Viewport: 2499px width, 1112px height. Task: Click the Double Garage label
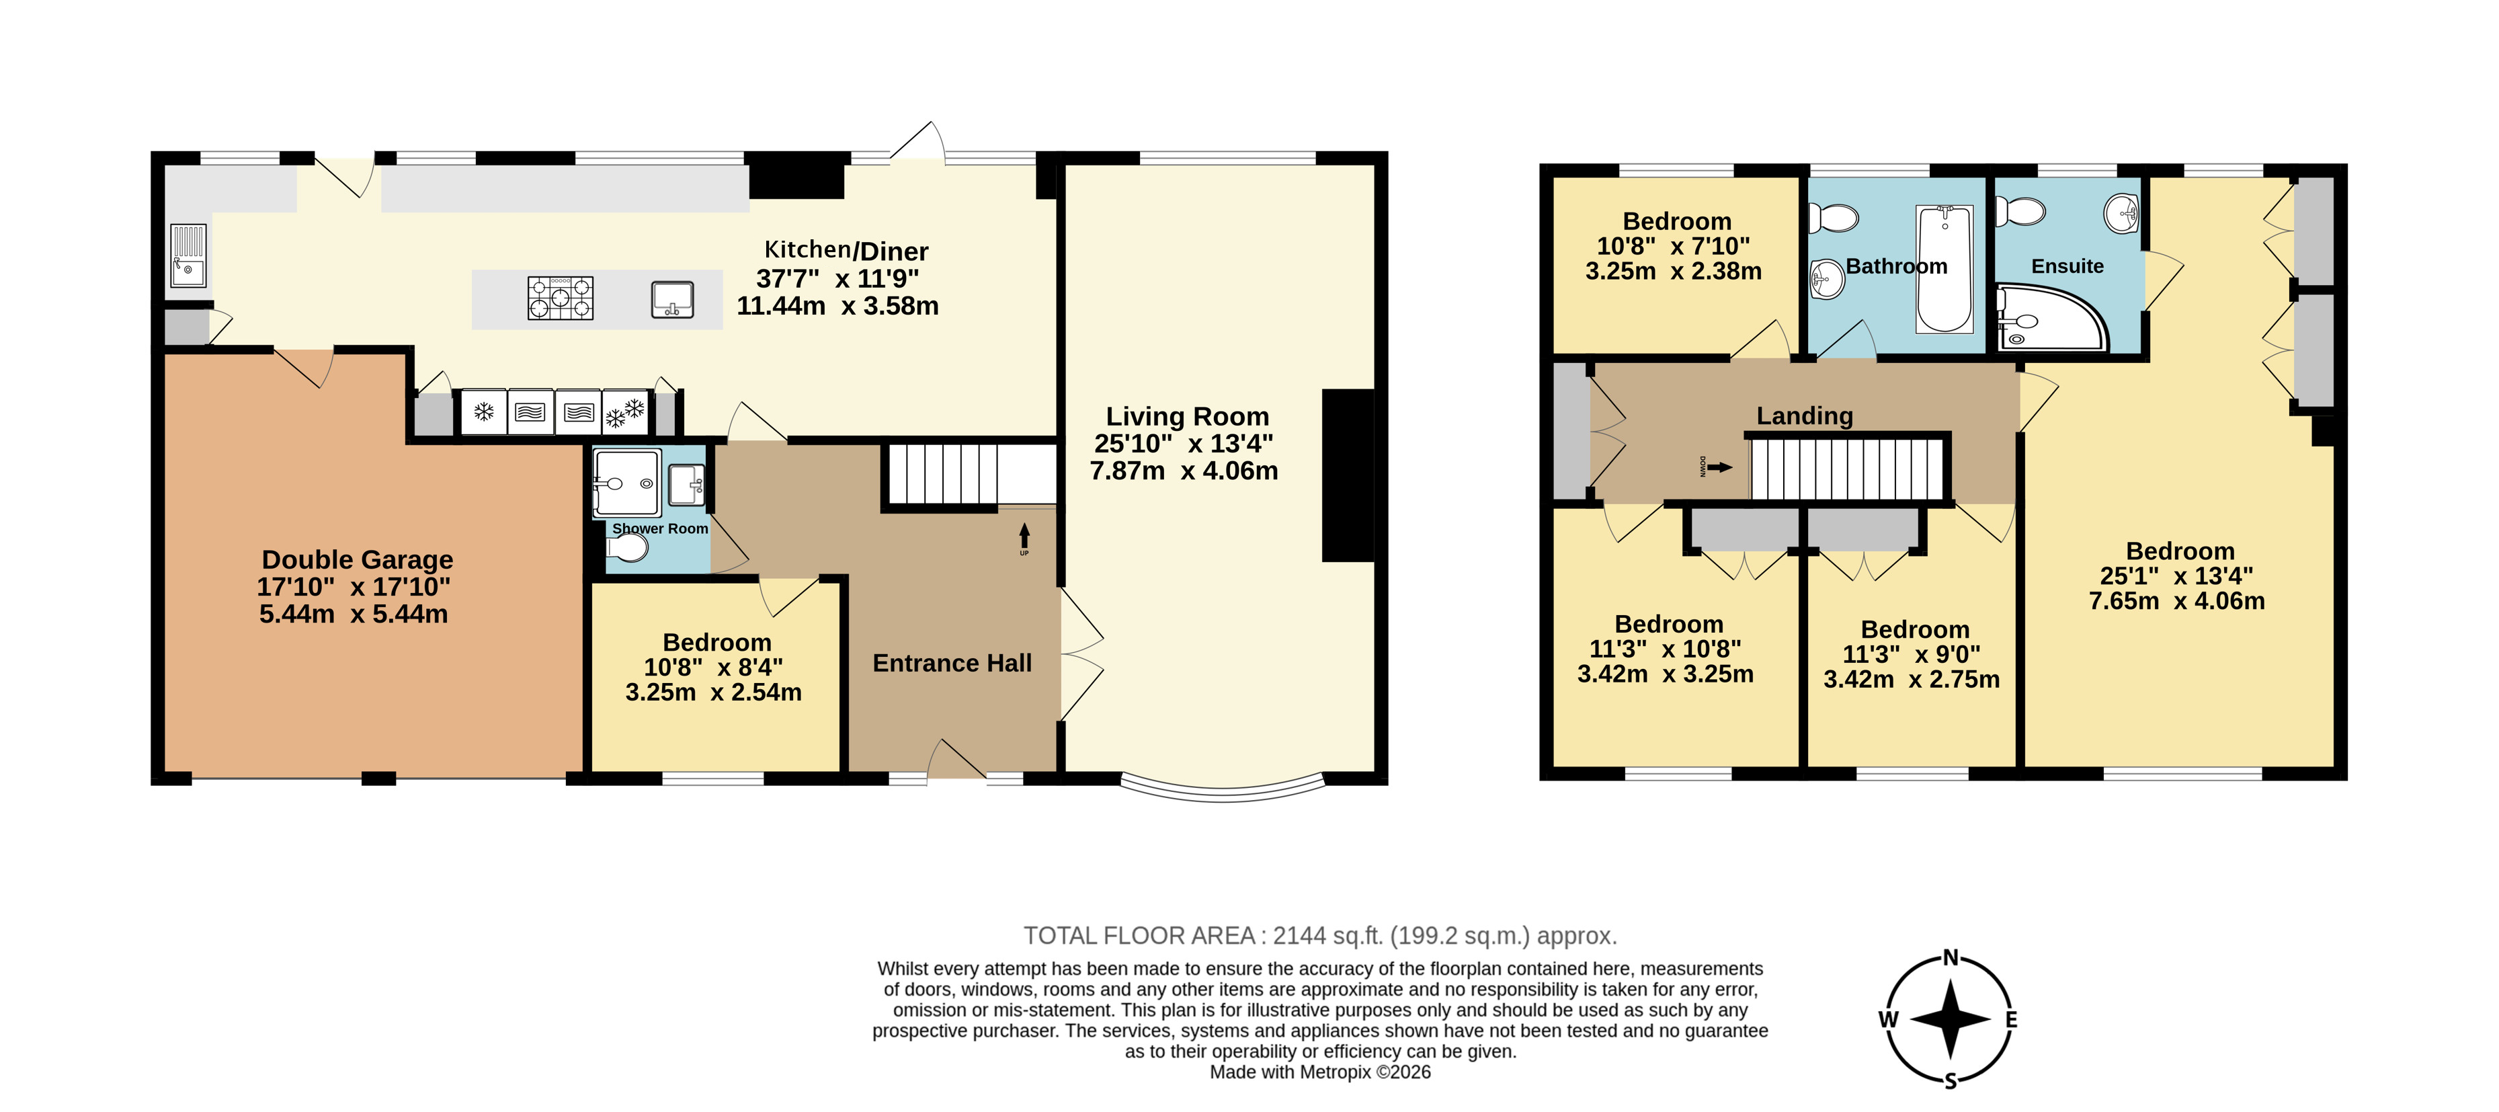[x=357, y=560]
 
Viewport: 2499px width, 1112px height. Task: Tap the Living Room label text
[x=1188, y=416]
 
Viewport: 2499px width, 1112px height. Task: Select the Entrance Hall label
[x=952, y=663]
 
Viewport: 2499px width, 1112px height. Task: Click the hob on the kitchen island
[x=561, y=298]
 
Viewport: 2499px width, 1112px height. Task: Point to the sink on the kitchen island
[x=672, y=299]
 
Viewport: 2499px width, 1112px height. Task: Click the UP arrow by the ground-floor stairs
[x=1024, y=536]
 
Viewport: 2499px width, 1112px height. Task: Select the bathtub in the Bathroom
[x=1945, y=269]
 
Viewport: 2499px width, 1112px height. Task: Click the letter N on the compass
[x=1951, y=959]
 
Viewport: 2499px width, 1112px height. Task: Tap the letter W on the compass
[x=1888, y=1019]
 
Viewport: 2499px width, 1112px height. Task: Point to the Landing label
[x=1805, y=416]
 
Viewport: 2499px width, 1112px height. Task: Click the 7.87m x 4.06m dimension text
[x=1184, y=471]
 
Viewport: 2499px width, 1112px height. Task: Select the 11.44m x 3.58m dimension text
[x=837, y=306]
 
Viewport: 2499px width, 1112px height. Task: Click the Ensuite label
[x=2067, y=266]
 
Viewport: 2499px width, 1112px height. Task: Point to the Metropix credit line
[x=1320, y=1072]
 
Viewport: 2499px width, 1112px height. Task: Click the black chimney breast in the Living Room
[x=1348, y=475]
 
